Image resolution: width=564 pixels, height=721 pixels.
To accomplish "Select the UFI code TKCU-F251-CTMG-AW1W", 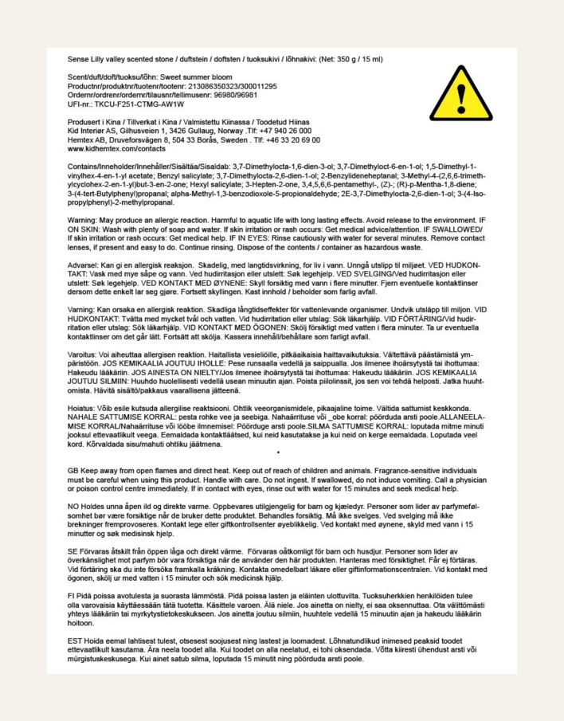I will click(x=140, y=104).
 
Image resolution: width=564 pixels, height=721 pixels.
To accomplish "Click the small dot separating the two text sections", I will click(x=277, y=453).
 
